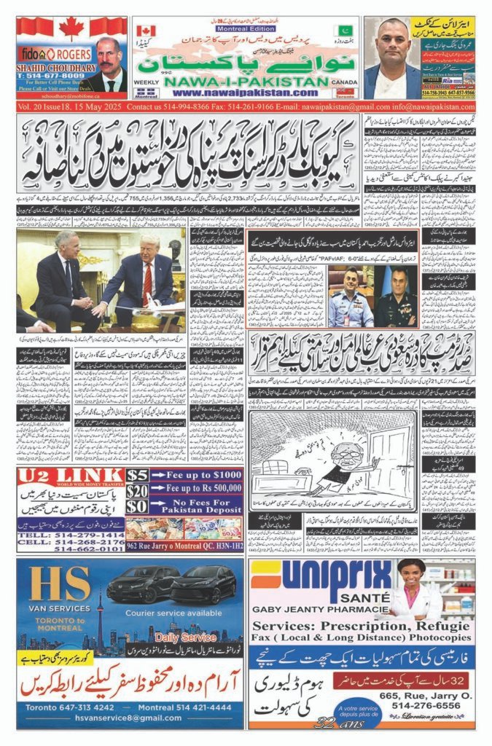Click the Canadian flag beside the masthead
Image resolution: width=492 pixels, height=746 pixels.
coord(146,31)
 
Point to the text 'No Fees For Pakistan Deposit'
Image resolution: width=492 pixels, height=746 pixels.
coord(195,506)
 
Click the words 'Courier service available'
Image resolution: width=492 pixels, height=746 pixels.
coord(171,613)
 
